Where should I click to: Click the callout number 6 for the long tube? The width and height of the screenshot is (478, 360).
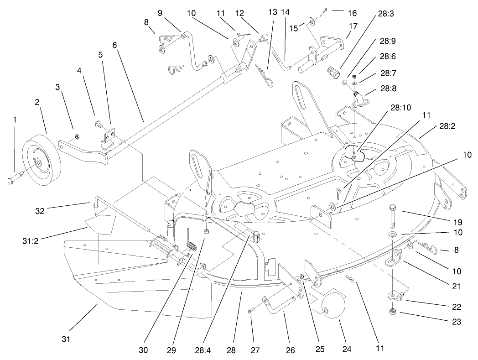pos(114,46)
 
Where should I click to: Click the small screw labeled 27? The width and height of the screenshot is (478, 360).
pos(250,311)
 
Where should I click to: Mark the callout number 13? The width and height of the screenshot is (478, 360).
pos(273,12)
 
